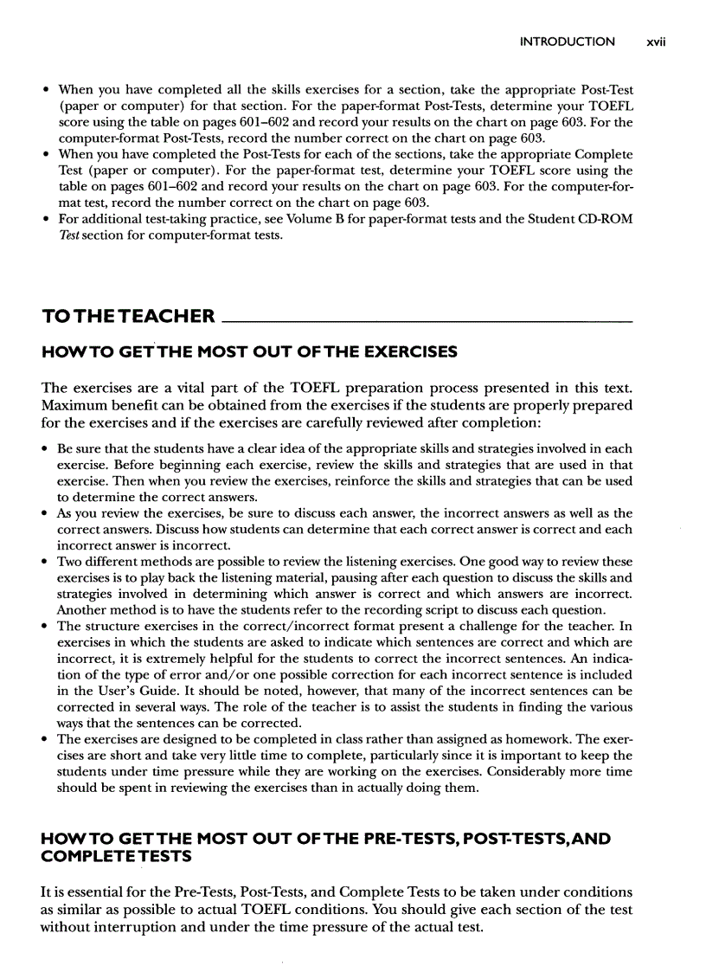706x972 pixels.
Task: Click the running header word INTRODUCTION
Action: click(568, 42)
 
